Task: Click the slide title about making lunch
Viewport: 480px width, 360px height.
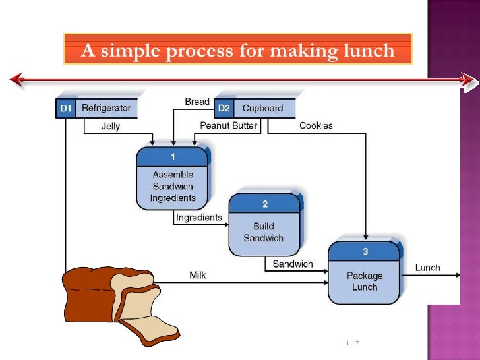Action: click(x=237, y=49)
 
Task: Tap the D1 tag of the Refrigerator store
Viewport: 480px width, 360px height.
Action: click(x=65, y=108)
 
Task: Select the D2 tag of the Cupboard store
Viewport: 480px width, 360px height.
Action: click(x=224, y=108)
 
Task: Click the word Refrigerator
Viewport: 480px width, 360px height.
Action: click(x=106, y=108)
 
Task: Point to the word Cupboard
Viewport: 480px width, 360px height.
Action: click(x=262, y=108)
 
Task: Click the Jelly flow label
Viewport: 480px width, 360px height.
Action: click(x=111, y=127)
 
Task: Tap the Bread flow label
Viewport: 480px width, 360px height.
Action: click(x=196, y=102)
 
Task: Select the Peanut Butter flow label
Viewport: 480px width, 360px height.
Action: click(x=229, y=125)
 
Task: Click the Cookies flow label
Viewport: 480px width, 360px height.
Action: click(x=316, y=125)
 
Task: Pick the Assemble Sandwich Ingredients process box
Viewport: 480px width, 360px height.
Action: click(x=173, y=179)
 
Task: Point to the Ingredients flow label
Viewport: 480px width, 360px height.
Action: click(x=198, y=217)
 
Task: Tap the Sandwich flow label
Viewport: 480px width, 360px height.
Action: click(x=293, y=264)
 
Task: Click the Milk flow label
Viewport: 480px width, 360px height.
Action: click(x=198, y=275)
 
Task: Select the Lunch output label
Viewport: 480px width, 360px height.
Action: click(x=427, y=268)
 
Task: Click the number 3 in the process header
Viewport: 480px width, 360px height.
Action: click(x=365, y=251)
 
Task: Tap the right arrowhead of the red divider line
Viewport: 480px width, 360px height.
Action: click(x=468, y=80)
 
